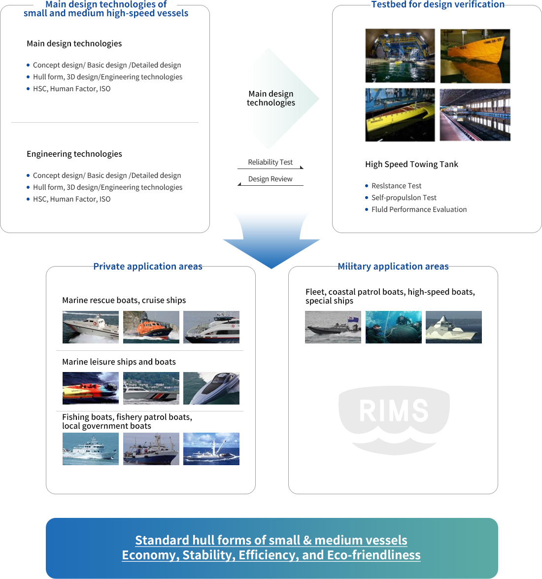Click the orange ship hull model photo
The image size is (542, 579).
tap(475, 56)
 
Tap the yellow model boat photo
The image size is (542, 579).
tap(400, 115)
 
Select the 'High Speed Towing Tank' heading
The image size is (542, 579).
tap(411, 164)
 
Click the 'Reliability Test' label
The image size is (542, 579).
tap(271, 162)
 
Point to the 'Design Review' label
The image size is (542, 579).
tap(271, 179)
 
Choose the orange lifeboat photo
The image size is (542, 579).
tap(151, 327)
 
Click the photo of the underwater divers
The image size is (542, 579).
tap(394, 327)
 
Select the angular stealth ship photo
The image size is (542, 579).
tap(454, 327)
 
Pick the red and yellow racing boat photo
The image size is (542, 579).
tap(91, 388)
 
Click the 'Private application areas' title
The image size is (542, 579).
tap(148, 266)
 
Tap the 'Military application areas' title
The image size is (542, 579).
tap(393, 266)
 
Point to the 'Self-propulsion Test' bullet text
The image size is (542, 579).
tap(404, 198)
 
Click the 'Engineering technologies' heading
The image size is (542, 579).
tap(74, 154)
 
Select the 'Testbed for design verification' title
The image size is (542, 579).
tap(438, 4)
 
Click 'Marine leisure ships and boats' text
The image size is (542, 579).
tap(119, 362)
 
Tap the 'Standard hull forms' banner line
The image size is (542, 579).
tap(271, 540)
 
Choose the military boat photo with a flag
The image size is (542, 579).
tap(333, 327)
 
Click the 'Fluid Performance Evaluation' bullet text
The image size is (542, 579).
tap(419, 209)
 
